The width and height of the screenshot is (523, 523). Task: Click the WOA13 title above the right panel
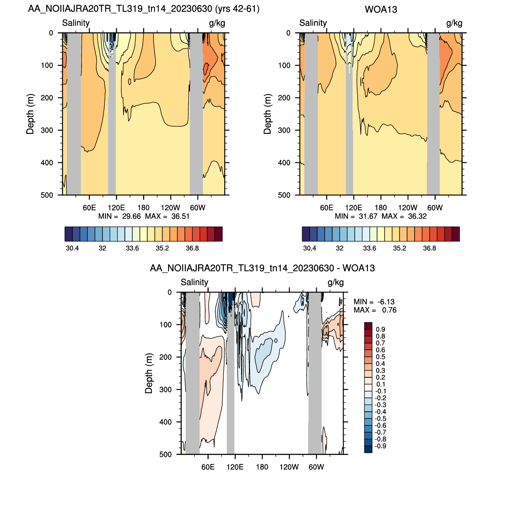(x=380, y=10)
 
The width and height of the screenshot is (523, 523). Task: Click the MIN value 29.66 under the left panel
(x=131, y=216)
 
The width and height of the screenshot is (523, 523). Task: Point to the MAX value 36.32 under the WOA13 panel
(x=417, y=216)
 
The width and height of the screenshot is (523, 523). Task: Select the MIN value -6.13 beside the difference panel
(x=386, y=302)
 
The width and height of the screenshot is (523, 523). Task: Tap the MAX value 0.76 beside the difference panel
(x=389, y=310)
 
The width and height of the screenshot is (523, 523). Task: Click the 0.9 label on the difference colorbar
(x=380, y=329)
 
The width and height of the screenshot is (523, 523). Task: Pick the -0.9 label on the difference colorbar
(x=380, y=446)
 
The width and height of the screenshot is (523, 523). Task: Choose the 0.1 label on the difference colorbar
(x=380, y=384)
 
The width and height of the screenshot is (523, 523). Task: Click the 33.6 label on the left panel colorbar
(x=132, y=249)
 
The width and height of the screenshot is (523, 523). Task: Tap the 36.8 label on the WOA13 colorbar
(x=429, y=249)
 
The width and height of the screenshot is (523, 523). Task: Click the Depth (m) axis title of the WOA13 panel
(x=267, y=114)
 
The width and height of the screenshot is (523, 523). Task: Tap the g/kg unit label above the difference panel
(x=336, y=282)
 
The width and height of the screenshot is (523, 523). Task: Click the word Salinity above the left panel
(x=76, y=23)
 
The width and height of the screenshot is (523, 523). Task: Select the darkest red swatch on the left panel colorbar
(x=218, y=234)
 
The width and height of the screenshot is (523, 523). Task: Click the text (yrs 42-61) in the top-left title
(x=237, y=9)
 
